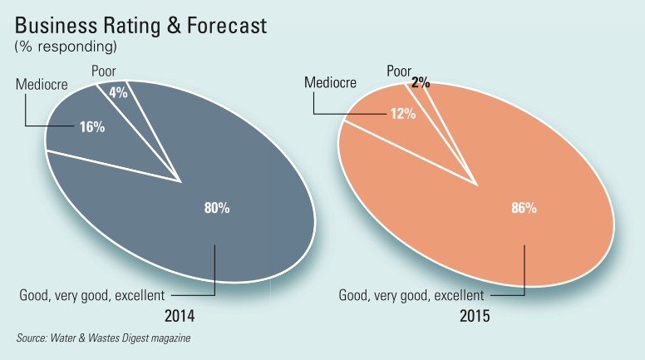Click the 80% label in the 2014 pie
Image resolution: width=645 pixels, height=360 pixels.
click(216, 208)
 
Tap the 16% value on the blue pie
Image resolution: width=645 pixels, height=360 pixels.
click(91, 127)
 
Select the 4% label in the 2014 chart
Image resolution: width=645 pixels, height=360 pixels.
click(118, 93)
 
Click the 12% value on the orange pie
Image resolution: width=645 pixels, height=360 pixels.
click(402, 114)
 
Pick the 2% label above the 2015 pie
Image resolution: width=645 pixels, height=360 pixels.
click(421, 82)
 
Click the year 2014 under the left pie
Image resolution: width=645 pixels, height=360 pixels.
click(180, 316)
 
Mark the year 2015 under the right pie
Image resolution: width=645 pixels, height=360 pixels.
click(475, 316)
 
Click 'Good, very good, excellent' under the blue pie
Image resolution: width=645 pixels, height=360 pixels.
click(92, 294)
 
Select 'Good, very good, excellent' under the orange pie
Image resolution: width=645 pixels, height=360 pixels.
click(411, 294)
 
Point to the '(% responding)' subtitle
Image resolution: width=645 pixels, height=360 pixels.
click(65, 47)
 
